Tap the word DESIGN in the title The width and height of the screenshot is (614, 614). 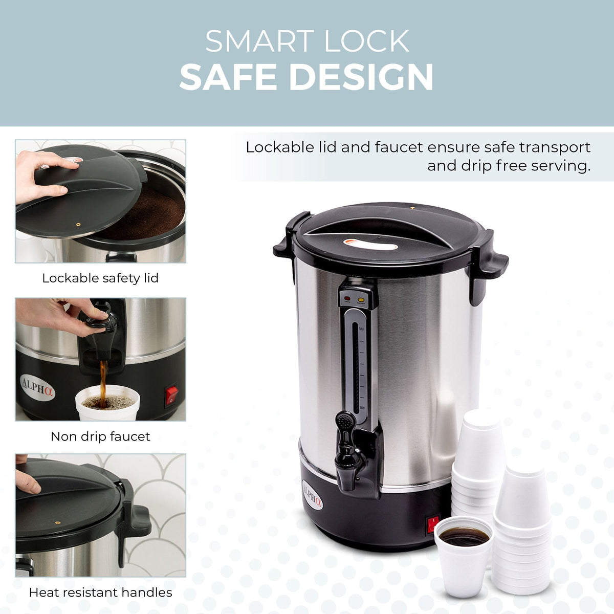pyautogui.click(x=361, y=77)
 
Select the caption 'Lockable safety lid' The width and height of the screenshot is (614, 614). pyautogui.click(x=100, y=278)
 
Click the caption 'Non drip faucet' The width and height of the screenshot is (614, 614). pyautogui.click(x=100, y=436)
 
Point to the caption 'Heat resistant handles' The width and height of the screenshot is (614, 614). pyautogui.click(x=100, y=593)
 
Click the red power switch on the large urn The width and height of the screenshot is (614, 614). pyautogui.click(x=433, y=524)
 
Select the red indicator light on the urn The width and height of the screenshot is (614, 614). pyautogui.click(x=347, y=298)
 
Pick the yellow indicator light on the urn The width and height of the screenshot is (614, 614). pyautogui.click(x=361, y=299)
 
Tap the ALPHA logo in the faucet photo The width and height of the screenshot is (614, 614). pyautogui.click(x=37, y=387)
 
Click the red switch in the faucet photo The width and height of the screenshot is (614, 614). pyautogui.click(x=171, y=396)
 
